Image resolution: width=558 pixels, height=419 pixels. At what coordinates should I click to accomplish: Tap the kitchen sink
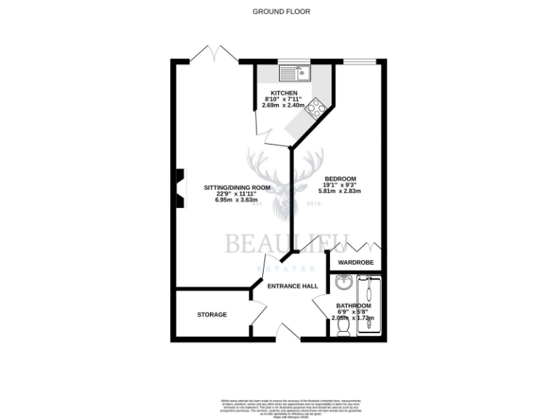pos(296,73)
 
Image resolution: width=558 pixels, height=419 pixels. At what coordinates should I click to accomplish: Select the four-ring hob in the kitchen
pos(317,110)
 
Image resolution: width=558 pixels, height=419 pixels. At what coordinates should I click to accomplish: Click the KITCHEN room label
pos(284,93)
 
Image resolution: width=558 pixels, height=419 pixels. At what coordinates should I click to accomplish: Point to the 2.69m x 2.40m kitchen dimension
pos(284,106)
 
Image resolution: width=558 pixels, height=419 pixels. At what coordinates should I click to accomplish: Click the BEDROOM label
pos(339,178)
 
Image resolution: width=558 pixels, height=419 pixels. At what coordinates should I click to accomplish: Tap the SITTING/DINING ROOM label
pos(237,187)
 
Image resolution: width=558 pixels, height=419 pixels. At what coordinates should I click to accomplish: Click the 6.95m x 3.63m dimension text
pos(237,200)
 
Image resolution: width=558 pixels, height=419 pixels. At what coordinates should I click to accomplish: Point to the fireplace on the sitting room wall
pos(179,189)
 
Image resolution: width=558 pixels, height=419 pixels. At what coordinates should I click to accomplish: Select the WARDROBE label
pos(355,262)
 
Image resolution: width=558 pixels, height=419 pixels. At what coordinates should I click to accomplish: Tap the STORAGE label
pos(212,314)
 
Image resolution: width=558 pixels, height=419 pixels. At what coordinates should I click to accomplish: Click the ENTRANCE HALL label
pos(293,287)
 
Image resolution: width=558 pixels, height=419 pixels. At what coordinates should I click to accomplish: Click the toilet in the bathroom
pos(343,330)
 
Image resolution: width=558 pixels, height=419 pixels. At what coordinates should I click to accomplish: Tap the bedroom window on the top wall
pos(360,63)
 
